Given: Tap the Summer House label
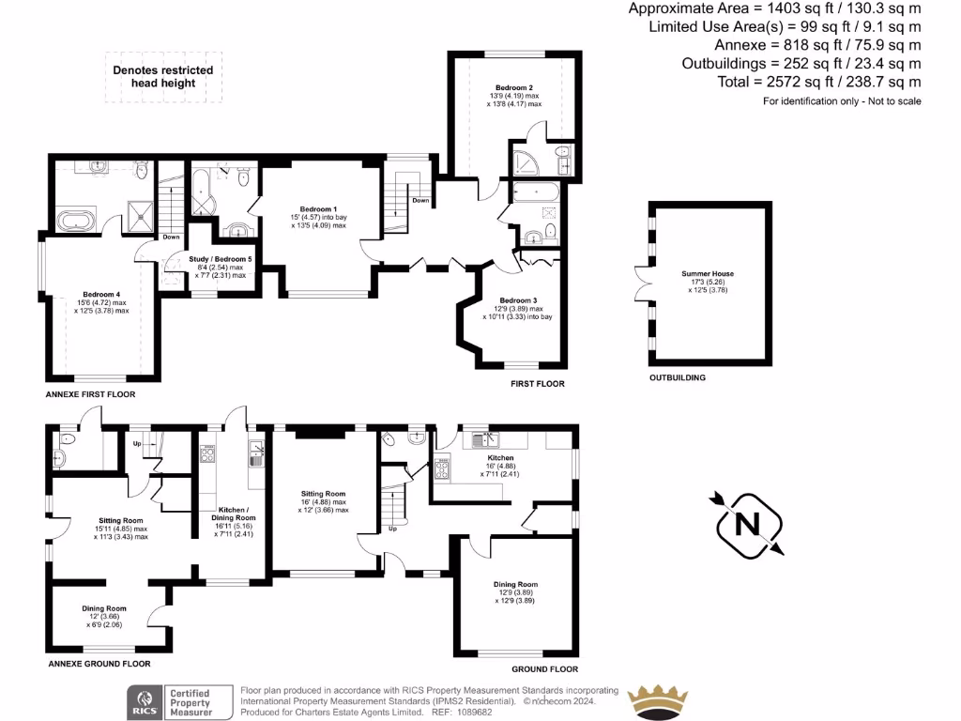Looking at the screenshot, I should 708,274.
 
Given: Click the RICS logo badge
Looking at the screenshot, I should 145,700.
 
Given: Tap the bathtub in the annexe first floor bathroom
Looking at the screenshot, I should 76,222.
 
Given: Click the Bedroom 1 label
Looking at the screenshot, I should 318,208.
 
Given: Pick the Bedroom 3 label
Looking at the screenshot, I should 519,300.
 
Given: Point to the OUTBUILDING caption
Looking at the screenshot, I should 677,377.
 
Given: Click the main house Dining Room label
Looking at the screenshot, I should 516,584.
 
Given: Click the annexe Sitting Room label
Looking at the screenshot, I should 121,520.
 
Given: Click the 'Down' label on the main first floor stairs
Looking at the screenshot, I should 421,200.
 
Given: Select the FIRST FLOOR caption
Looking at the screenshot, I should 537,384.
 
